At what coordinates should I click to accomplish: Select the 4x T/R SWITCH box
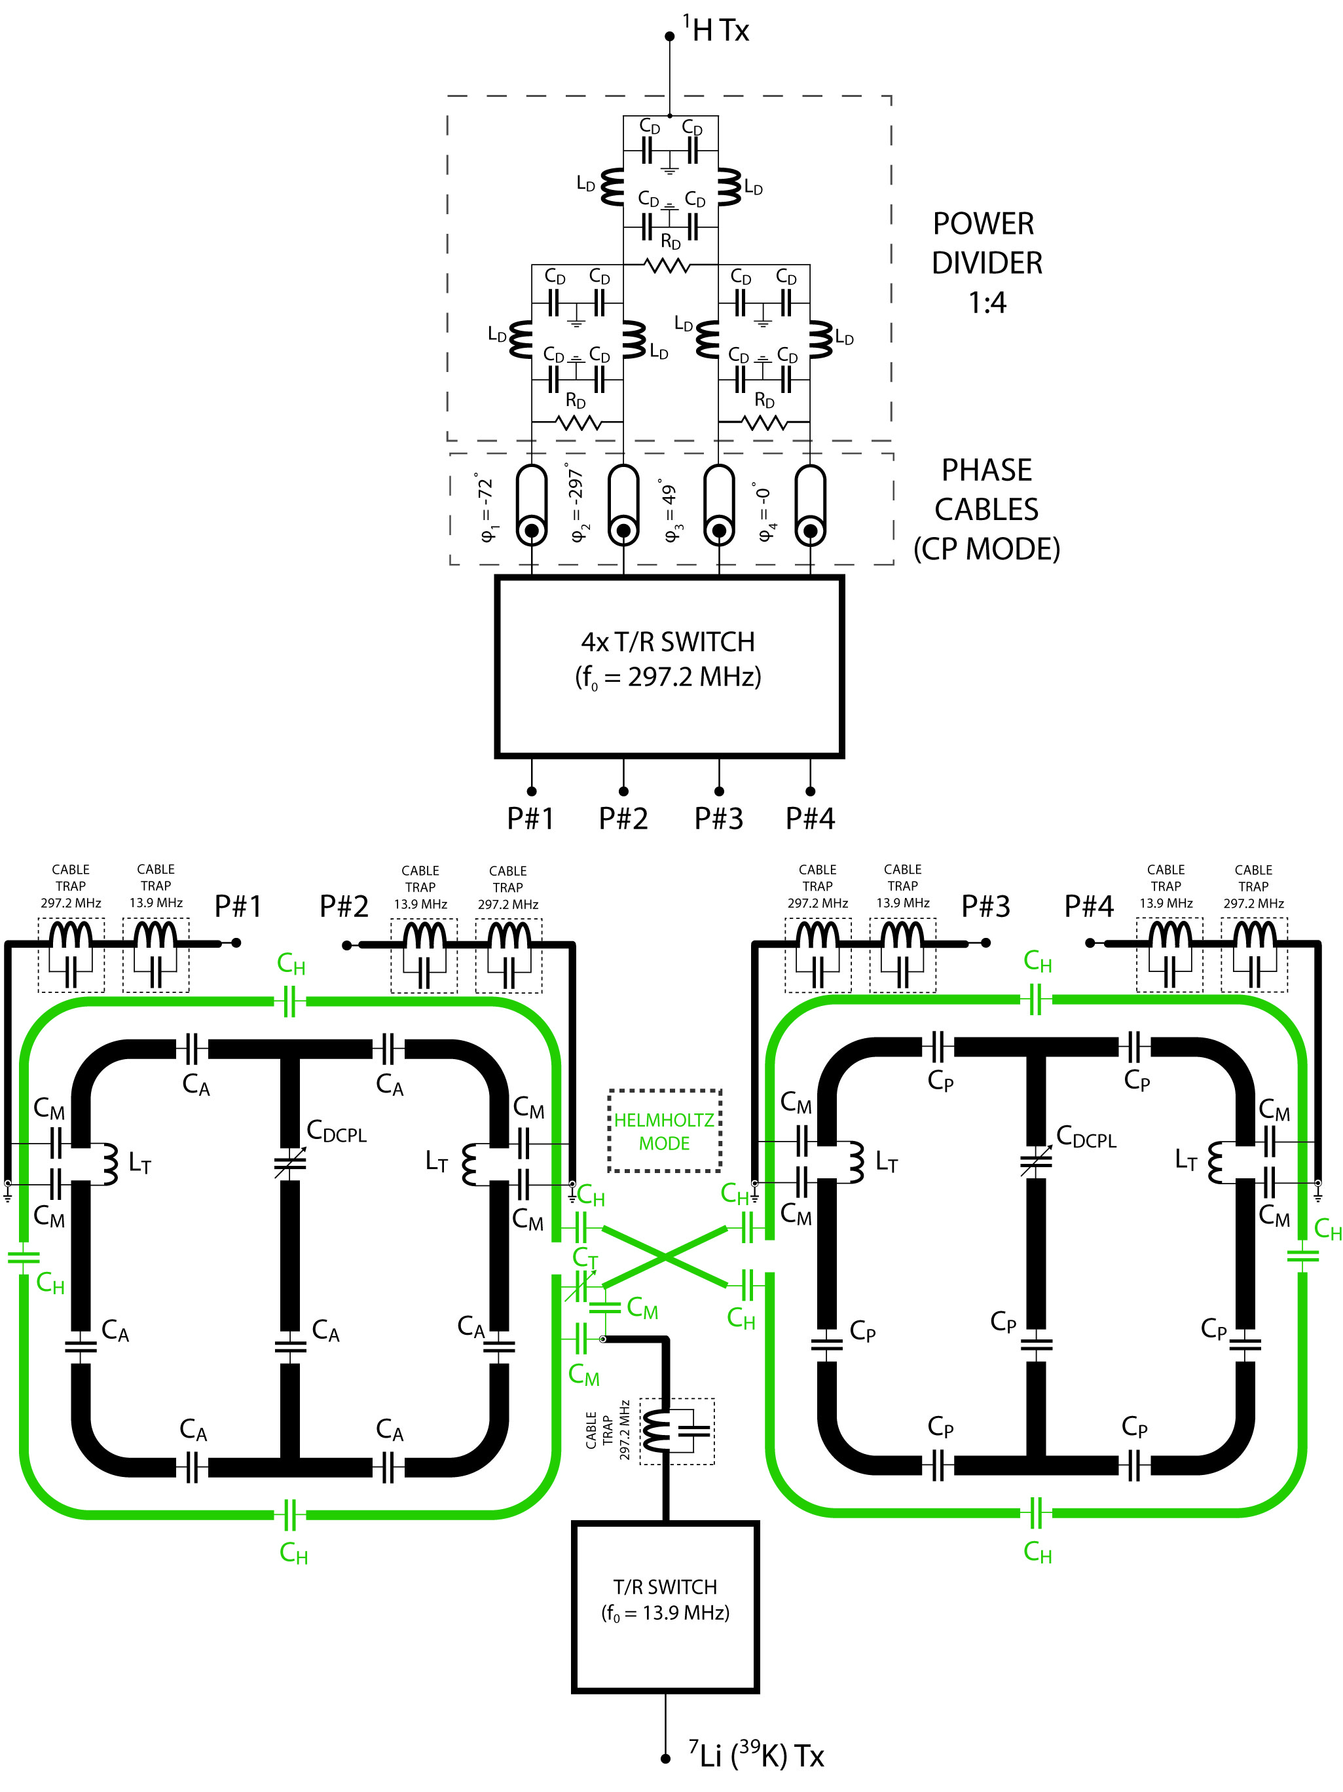pos(669,666)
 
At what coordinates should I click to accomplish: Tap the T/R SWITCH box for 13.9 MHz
pos(665,1607)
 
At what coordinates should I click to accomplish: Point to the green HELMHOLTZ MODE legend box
pos(664,1131)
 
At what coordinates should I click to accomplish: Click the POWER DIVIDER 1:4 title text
pos(987,263)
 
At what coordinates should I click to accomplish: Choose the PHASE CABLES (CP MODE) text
pos(987,509)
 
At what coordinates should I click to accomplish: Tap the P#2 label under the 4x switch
pos(623,818)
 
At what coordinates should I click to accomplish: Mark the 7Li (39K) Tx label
pos(756,1755)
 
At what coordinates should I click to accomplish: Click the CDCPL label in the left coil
pos(336,1131)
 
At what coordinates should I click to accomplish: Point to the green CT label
pos(585,1258)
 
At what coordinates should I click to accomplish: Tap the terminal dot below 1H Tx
pos(669,37)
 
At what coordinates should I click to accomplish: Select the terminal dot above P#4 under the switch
pos(810,791)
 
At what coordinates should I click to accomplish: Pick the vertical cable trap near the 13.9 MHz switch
pos(677,1432)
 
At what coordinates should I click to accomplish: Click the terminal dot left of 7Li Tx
pos(665,1758)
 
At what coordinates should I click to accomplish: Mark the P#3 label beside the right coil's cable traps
pos(985,906)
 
